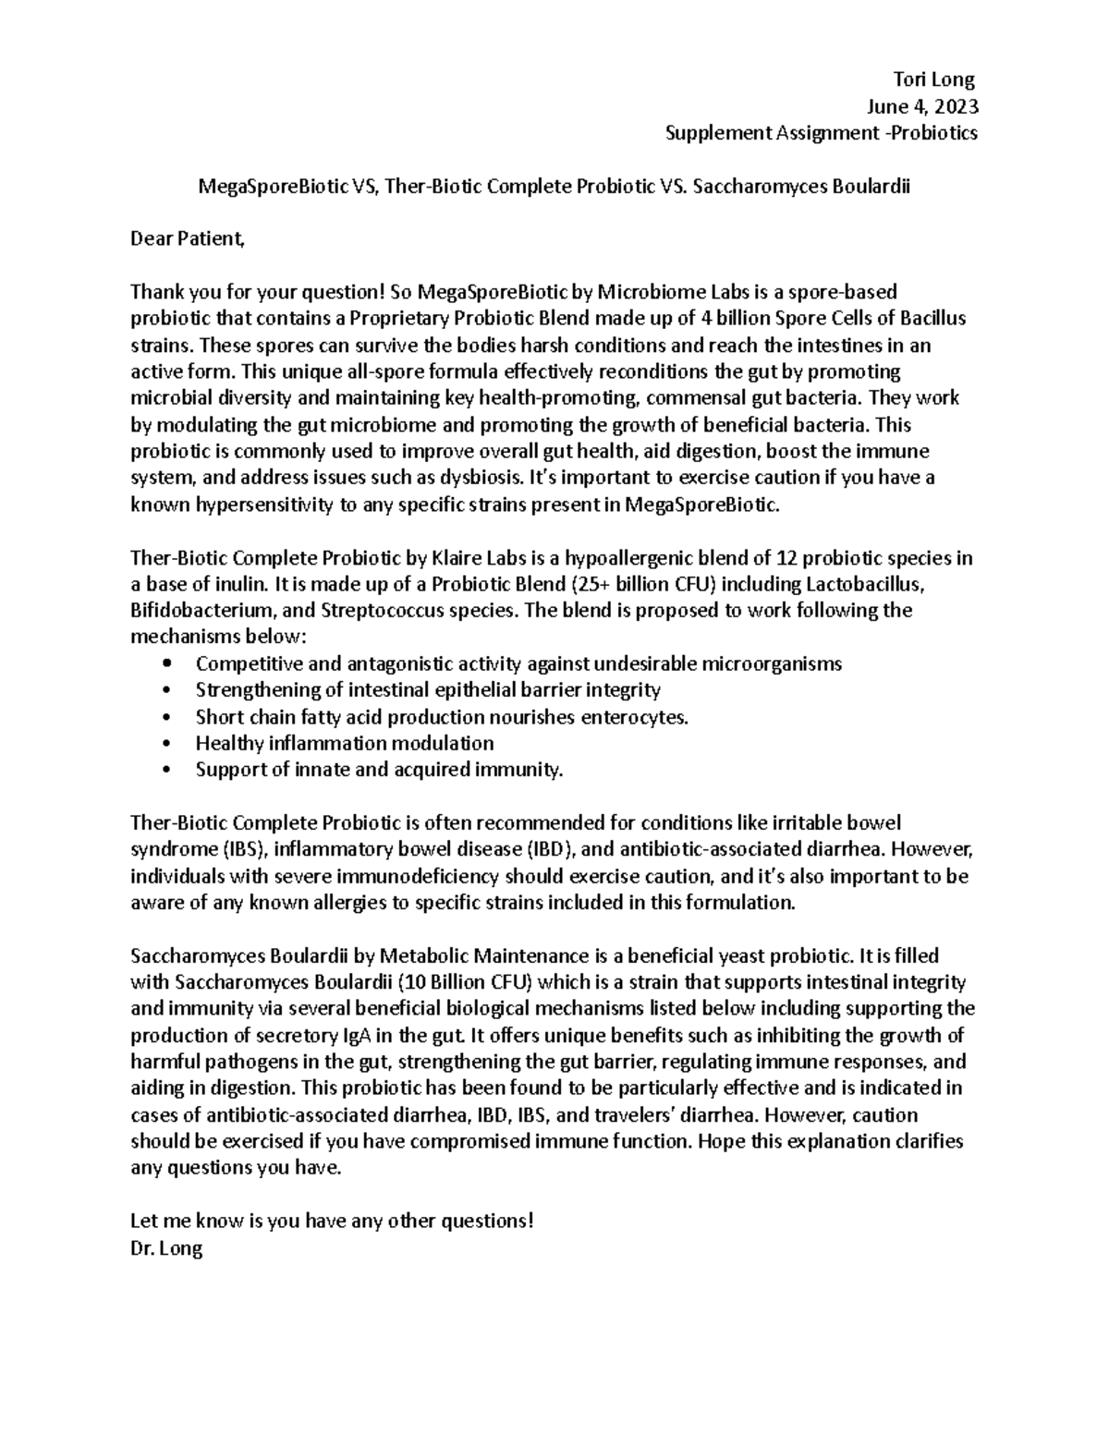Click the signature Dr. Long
click(x=166, y=1248)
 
